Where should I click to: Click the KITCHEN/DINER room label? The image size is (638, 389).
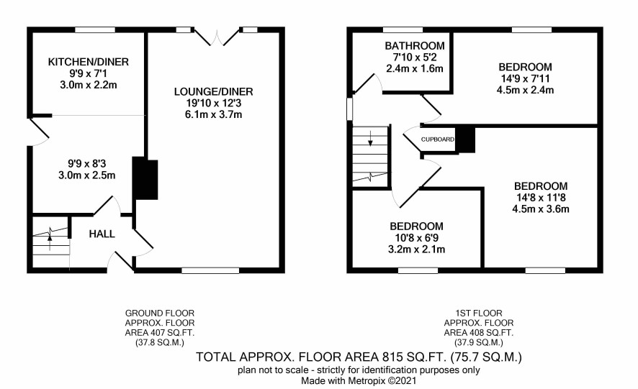click(x=89, y=62)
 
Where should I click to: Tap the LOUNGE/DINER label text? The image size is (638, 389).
click(x=214, y=92)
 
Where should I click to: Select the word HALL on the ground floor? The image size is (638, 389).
click(x=102, y=234)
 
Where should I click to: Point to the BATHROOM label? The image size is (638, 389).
click(x=415, y=45)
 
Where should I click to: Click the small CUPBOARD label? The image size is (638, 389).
click(x=437, y=139)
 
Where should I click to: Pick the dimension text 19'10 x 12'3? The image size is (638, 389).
click(x=214, y=104)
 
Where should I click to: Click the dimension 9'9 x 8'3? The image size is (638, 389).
click(x=87, y=164)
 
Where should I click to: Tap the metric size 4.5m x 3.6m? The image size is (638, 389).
click(x=541, y=209)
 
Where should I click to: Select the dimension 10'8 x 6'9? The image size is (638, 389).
click(x=416, y=238)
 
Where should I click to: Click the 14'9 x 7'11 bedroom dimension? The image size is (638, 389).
click(x=525, y=78)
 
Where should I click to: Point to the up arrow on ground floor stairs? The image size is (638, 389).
click(x=50, y=242)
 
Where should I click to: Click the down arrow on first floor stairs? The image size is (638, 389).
click(x=370, y=138)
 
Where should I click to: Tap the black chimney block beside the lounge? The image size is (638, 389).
click(x=145, y=178)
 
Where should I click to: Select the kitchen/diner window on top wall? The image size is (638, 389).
click(x=95, y=29)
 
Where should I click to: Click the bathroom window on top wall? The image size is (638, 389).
click(x=403, y=29)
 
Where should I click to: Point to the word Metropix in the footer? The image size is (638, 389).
click(x=365, y=381)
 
